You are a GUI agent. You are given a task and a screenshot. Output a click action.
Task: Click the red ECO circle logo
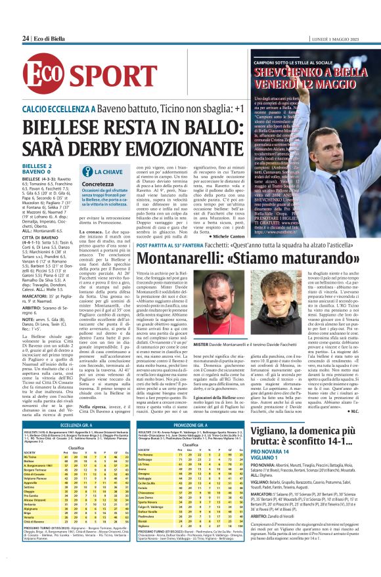tap(41, 76)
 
